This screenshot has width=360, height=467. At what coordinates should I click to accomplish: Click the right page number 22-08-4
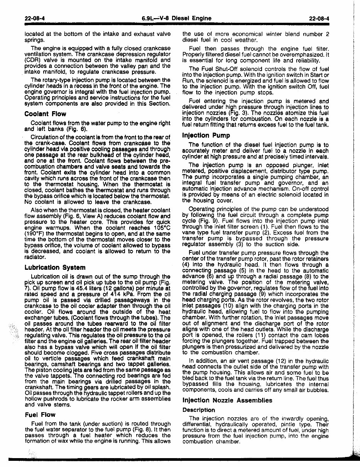coord(319,18)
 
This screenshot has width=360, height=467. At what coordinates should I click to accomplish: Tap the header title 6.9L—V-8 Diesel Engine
coord(176,18)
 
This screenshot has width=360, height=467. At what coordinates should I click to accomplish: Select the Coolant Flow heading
coord(45,114)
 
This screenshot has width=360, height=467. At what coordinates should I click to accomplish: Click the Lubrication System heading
coord(55,267)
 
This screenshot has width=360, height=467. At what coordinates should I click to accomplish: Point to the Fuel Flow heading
coord(40,415)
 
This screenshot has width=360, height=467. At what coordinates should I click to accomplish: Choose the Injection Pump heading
coord(206,135)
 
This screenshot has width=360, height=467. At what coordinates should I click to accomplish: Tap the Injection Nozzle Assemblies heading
coord(227,400)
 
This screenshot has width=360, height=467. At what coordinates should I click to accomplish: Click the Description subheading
coord(199,410)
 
